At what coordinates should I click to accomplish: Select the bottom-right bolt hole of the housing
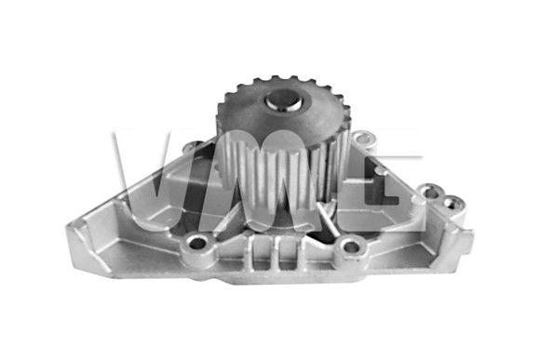[x=350, y=247]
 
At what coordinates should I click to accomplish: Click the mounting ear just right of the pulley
[x=361, y=142]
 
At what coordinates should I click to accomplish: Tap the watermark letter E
[x=391, y=181]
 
